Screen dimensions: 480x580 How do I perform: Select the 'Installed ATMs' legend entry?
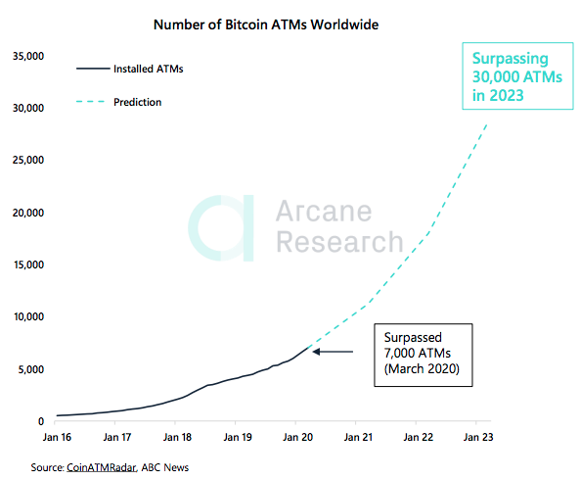click(x=148, y=70)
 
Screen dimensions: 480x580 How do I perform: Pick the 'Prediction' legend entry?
click(x=137, y=102)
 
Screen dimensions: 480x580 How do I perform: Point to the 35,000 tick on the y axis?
click(x=26, y=56)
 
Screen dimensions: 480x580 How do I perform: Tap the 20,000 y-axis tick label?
click(x=26, y=213)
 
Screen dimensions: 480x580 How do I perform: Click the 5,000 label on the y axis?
click(x=29, y=369)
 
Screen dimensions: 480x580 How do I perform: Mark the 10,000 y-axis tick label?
click(x=26, y=317)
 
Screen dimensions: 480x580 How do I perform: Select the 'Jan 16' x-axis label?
click(x=57, y=439)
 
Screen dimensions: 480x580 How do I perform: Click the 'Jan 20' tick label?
click(x=296, y=439)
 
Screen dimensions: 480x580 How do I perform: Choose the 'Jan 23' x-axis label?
click(x=476, y=439)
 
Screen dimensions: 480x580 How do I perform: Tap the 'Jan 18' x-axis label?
click(x=177, y=439)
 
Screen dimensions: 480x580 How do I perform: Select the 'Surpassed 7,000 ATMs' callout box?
click(x=421, y=358)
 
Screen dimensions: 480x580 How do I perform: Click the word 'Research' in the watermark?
click(x=337, y=242)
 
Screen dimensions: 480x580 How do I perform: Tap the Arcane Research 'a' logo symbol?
click(x=222, y=226)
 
